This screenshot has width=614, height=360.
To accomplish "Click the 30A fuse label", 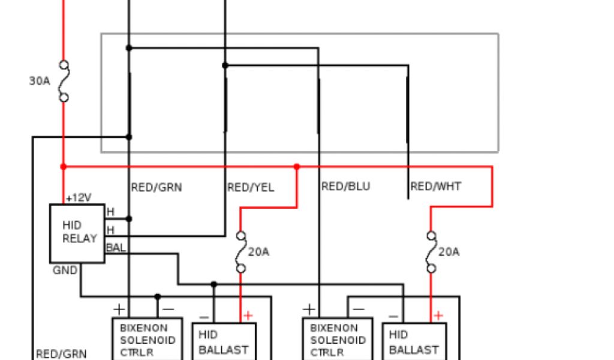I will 40,80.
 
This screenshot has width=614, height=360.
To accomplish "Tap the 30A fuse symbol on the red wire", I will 63,81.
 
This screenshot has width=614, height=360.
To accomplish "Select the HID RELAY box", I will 77,233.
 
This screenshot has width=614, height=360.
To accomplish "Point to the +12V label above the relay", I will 78,197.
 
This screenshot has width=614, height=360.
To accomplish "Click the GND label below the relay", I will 65,271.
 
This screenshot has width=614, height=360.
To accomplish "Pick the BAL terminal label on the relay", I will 116,247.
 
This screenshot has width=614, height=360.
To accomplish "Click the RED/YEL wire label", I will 251,188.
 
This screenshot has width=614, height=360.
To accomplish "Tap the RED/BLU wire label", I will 346,187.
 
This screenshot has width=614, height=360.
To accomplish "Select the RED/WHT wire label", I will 436,187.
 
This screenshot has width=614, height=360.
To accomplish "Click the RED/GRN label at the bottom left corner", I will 61,353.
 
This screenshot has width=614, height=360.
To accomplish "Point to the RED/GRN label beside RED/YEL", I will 156,188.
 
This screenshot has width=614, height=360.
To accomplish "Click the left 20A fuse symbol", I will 241,252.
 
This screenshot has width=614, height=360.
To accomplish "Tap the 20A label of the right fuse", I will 449,252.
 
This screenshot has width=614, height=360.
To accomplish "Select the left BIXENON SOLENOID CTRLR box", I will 148,339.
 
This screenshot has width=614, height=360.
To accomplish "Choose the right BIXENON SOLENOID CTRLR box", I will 338,339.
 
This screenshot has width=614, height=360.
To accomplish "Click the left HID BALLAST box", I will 224,341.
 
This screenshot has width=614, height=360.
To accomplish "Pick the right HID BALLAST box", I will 414,341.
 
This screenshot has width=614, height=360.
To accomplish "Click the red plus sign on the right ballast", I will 438,315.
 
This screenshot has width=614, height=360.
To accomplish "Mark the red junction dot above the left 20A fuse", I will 296,166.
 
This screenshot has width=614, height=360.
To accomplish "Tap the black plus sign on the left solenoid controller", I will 119,310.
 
